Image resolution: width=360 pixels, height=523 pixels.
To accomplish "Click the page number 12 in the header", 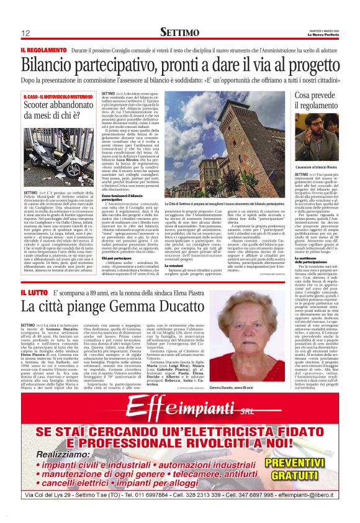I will (25, 33).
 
